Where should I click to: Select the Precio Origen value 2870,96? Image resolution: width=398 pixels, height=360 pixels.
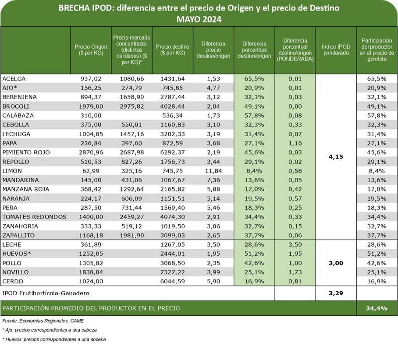(x=91, y=152)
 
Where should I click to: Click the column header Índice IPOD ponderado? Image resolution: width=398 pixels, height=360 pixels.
(x=336, y=49)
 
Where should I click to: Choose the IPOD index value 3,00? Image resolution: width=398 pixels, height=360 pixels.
(x=336, y=263)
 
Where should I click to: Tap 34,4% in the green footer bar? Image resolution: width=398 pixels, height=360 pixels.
(x=377, y=308)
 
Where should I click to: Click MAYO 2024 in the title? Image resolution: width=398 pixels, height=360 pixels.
(x=199, y=19)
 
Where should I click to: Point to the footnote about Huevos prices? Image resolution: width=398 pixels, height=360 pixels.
(x=54, y=339)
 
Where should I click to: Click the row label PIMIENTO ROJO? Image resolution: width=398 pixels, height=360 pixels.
(x=26, y=152)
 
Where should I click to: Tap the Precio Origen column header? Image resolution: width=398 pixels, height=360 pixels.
(x=91, y=49)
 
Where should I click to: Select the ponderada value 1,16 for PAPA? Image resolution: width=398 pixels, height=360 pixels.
(x=295, y=143)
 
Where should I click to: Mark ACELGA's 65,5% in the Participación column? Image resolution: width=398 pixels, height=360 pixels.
(x=377, y=79)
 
